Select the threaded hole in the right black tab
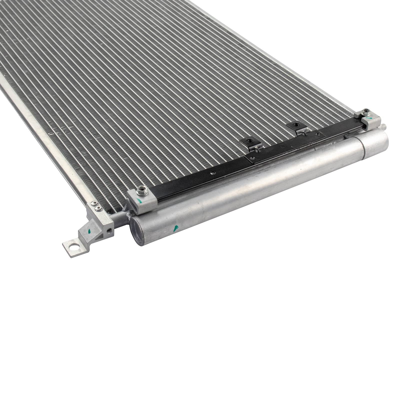296,124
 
